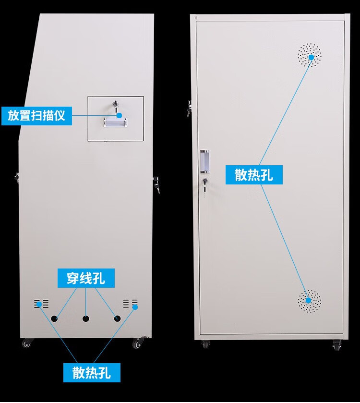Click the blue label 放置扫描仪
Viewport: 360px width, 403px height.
tap(36, 115)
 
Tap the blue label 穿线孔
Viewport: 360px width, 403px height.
tap(86, 278)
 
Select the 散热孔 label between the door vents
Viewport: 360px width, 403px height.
tap(254, 174)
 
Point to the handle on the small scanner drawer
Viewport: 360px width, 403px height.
tap(116, 124)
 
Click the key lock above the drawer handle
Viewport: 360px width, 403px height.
tap(115, 104)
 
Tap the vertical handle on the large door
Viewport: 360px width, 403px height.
tap(205, 162)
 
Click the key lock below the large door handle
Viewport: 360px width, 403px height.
tap(205, 184)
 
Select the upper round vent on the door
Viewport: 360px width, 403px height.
tap(310, 55)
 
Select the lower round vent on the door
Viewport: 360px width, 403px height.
tap(309, 302)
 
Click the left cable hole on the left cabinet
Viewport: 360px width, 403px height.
tap(55, 318)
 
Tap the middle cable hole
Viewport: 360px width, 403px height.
tap(86, 318)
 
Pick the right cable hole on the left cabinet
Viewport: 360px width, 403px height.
tap(117, 318)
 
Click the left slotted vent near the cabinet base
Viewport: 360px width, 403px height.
tap(41, 304)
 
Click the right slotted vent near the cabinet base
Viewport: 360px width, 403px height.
tap(130, 303)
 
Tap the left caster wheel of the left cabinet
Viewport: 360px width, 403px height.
tap(26, 343)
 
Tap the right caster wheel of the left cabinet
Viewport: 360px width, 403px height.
tap(139, 343)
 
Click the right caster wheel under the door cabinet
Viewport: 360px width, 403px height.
tap(336, 344)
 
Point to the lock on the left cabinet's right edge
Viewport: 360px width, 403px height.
tap(156, 184)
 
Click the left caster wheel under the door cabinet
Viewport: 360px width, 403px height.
tap(205, 344)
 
